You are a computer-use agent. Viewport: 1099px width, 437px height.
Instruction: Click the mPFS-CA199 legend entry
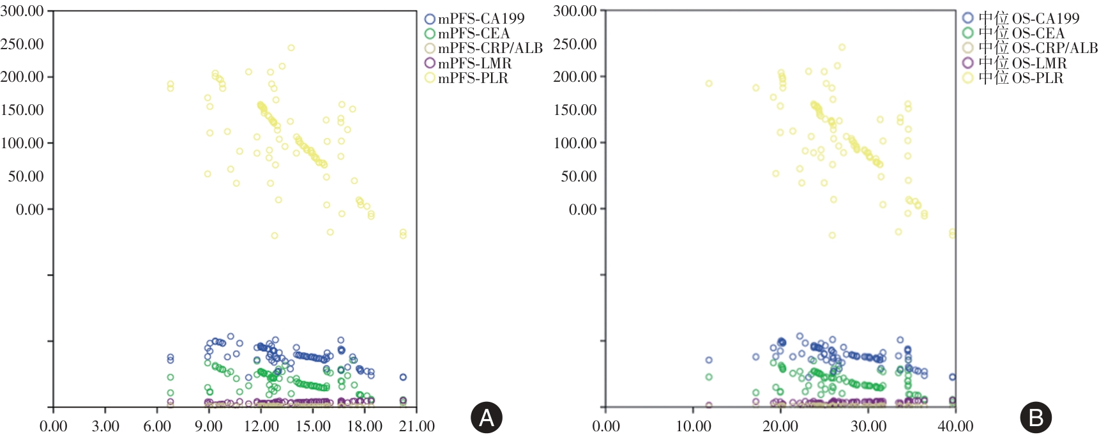tap(474, 19)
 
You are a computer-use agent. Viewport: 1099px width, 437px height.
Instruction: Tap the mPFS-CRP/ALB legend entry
tap(483, 49)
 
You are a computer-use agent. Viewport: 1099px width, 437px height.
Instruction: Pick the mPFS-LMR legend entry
tap(468, 63)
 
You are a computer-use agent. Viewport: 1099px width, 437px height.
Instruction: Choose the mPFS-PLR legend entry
tap(466, 78)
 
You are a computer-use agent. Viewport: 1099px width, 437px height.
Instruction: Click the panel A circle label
tap(487, 418)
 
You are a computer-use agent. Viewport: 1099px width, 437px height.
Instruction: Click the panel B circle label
tap(1036, 418)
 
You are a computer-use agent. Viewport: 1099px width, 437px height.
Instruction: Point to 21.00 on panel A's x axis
tap(417, 426)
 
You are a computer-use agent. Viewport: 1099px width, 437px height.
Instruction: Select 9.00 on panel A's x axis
tap(209, 426)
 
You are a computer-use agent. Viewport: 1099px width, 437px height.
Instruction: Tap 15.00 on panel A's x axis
tap(313, 426)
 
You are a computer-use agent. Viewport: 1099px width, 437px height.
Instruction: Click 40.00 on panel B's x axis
tap(955, 426)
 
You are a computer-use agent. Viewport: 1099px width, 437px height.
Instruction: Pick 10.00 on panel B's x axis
tap(694, 426)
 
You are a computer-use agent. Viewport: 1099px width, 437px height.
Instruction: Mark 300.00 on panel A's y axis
tap(22, 11)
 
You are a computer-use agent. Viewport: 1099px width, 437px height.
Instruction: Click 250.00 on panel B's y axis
tap(575, 44)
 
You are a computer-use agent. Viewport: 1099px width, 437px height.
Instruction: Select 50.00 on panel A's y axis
tap(26, 176)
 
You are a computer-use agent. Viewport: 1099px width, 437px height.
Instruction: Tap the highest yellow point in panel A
tap(291, 48)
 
